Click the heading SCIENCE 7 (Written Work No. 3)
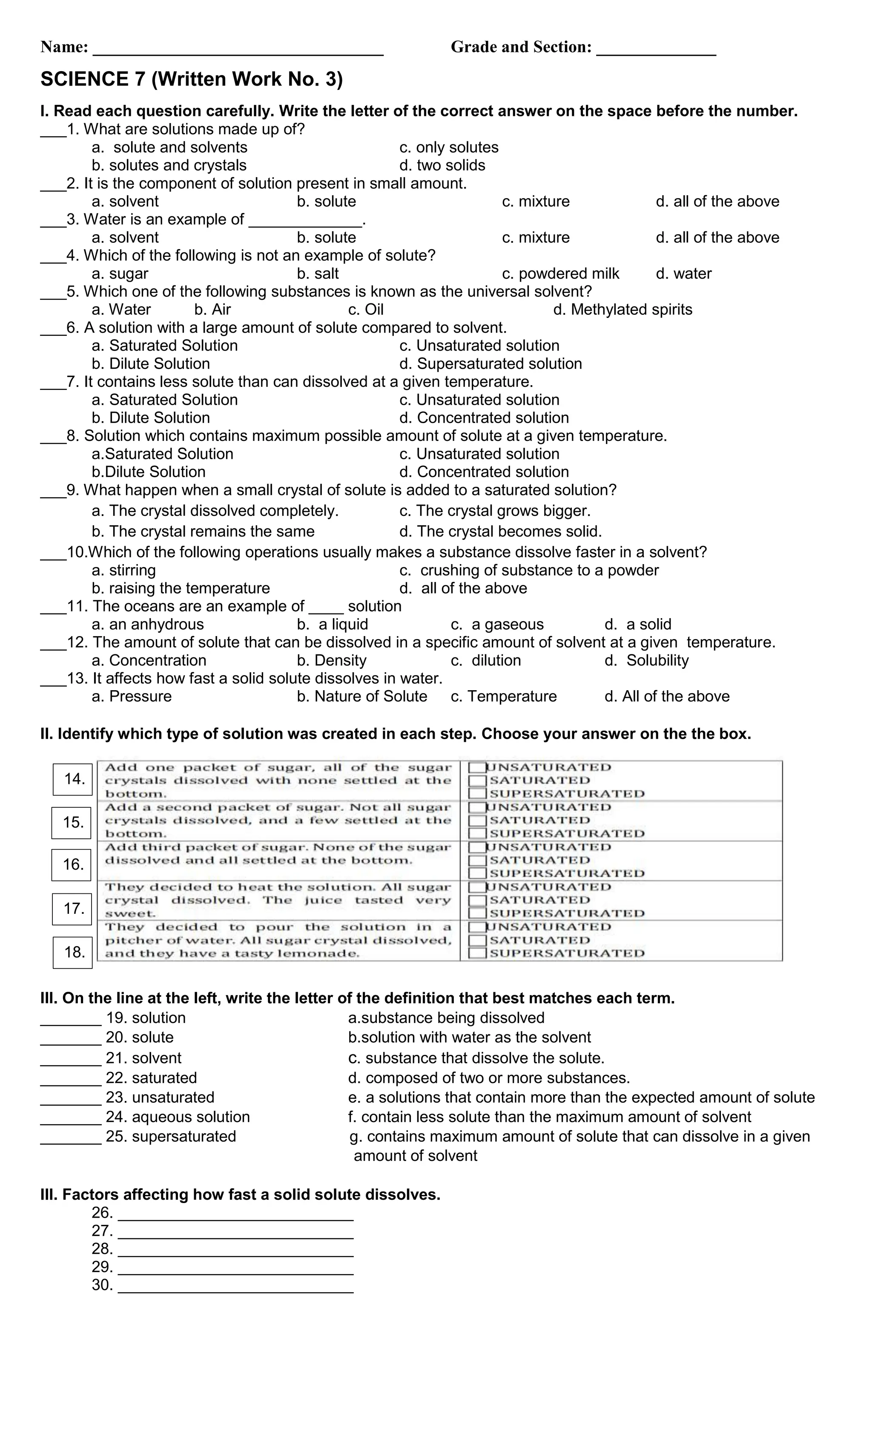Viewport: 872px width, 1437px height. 191,79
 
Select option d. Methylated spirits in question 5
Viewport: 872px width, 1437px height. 622,310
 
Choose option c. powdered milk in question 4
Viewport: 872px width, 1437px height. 560,274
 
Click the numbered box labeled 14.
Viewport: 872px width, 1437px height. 73,780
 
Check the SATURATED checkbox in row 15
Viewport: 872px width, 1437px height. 477,821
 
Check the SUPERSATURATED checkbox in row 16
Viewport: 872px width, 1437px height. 477,874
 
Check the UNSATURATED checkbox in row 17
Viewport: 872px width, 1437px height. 477,887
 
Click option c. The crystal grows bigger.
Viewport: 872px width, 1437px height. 495,511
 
